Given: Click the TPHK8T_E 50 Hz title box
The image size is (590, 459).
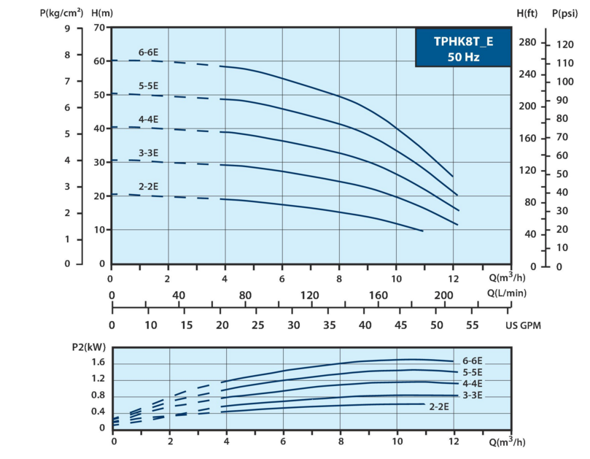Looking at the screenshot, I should tap(463, 48).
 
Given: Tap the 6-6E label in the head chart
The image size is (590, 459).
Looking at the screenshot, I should tap(149, 52).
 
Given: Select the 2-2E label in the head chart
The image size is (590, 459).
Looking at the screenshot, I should tap(149, 187).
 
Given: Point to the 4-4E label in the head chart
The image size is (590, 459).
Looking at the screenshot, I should tap(149, 119).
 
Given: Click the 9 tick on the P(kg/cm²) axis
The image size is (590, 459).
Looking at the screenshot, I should tap(68, 28).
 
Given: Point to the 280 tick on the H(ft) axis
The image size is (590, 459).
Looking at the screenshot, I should tap(527, 43).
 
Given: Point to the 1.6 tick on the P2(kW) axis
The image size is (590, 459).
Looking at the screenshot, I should tap(98, 363).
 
